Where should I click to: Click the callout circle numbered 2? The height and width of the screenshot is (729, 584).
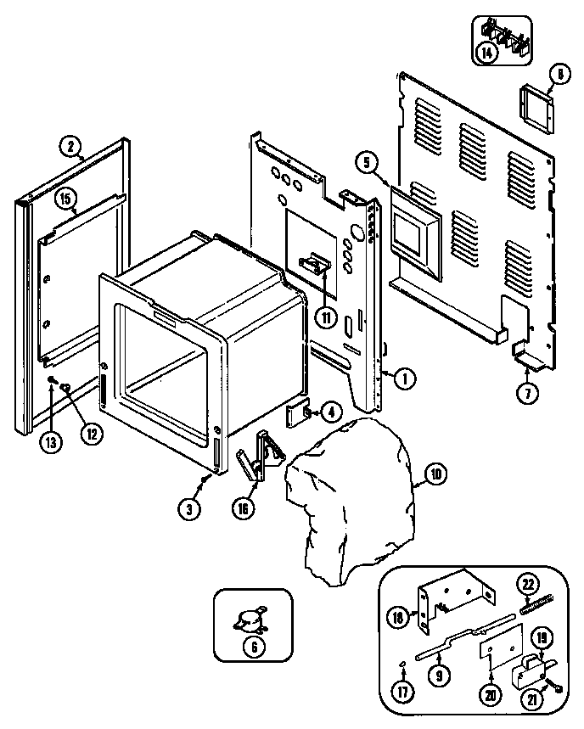coord(71,145)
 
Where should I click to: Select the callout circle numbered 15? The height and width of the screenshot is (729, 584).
coord(66,199)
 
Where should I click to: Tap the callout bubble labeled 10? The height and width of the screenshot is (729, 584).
coord(434,474)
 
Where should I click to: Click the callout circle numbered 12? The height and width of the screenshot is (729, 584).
coord(89,431)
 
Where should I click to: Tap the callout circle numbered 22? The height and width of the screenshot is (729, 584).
coord(528,583)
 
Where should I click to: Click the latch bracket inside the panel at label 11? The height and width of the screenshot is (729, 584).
coord(317,264)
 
